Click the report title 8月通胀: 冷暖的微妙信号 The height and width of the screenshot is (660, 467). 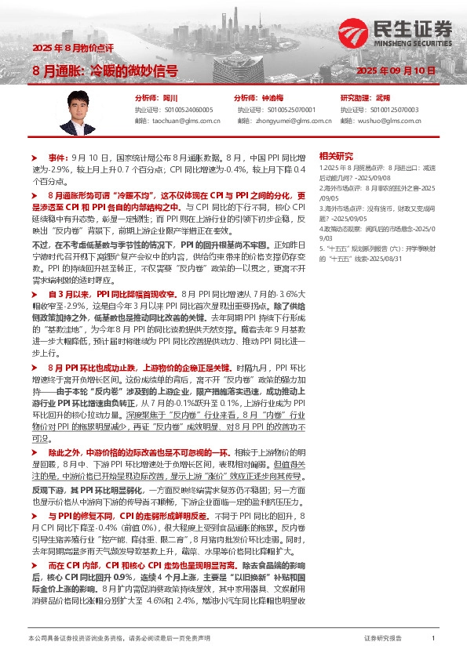tap(105, 70)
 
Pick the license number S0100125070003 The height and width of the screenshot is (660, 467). tap(391, 111)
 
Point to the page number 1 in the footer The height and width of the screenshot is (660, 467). tap(433, 639)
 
